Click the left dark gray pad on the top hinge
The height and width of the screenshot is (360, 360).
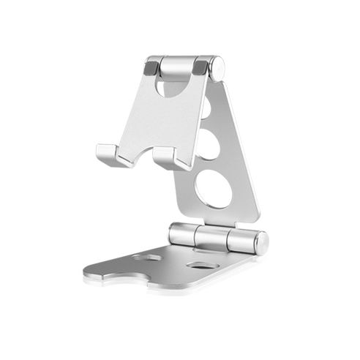pos(151,67)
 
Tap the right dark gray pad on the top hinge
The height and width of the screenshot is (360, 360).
pos(200,67)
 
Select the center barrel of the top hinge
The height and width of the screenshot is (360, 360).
pos(176,67)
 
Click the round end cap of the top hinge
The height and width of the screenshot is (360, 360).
pos(218,67)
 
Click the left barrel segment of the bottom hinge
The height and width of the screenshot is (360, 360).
pos(182,234)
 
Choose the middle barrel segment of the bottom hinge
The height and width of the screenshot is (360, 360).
pos(211,238)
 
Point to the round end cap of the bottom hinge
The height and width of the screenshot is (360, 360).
pos(261,243)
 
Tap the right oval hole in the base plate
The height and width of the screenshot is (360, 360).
pos(199,264)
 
